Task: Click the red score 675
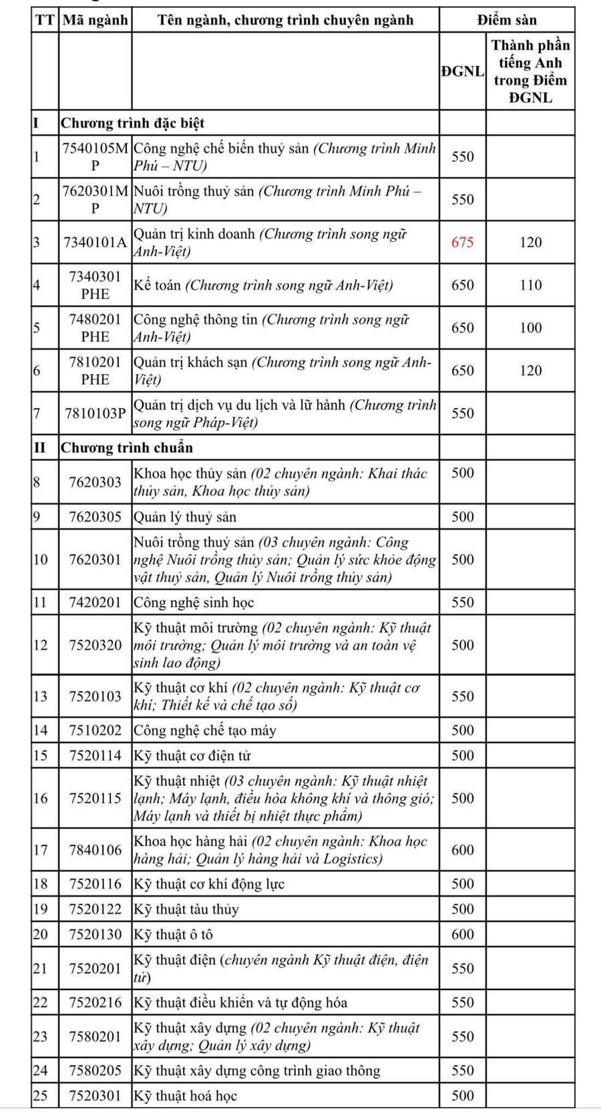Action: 462,242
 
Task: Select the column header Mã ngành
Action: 95,20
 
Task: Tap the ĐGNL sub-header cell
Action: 462,71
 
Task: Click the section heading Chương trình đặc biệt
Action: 132,124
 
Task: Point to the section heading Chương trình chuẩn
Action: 127,448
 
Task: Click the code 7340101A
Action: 95,242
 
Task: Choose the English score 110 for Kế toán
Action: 530,285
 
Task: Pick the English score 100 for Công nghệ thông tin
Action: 530,328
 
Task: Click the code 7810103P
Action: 95,413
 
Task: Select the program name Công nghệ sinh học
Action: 194,602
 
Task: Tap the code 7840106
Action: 95,850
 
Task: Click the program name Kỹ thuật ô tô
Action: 173,935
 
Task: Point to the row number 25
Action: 41,1096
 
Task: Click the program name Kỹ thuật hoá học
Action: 185,1096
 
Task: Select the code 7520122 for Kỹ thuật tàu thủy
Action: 95,909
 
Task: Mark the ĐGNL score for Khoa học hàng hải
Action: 462,850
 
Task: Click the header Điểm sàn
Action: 506,20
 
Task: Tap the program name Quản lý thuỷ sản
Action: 185,517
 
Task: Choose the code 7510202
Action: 95,730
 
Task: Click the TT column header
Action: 44,20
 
